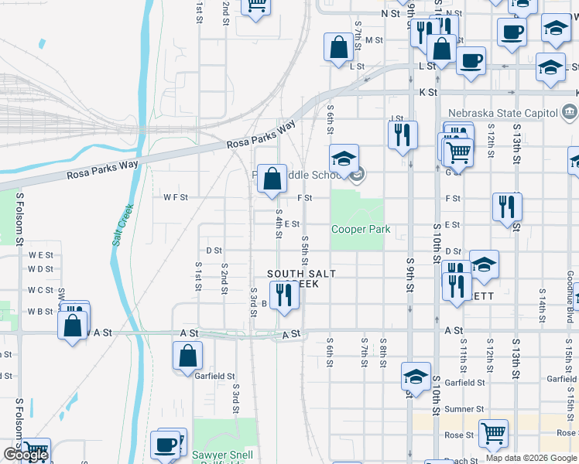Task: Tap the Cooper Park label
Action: click(360, 230)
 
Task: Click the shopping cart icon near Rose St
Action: click(493, 434)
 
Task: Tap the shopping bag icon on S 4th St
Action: click(272, 179)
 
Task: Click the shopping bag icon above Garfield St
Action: click(188, 357)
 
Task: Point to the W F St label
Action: click(176, 198)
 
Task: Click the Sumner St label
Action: click(464, 409)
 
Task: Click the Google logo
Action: click(26, 455)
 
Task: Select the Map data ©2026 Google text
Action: click(531, 458)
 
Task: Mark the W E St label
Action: click(41, 254)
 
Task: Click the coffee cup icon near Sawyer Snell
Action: click(166, 445)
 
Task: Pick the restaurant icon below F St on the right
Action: click(507, 206)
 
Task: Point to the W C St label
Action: click(41, 291)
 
